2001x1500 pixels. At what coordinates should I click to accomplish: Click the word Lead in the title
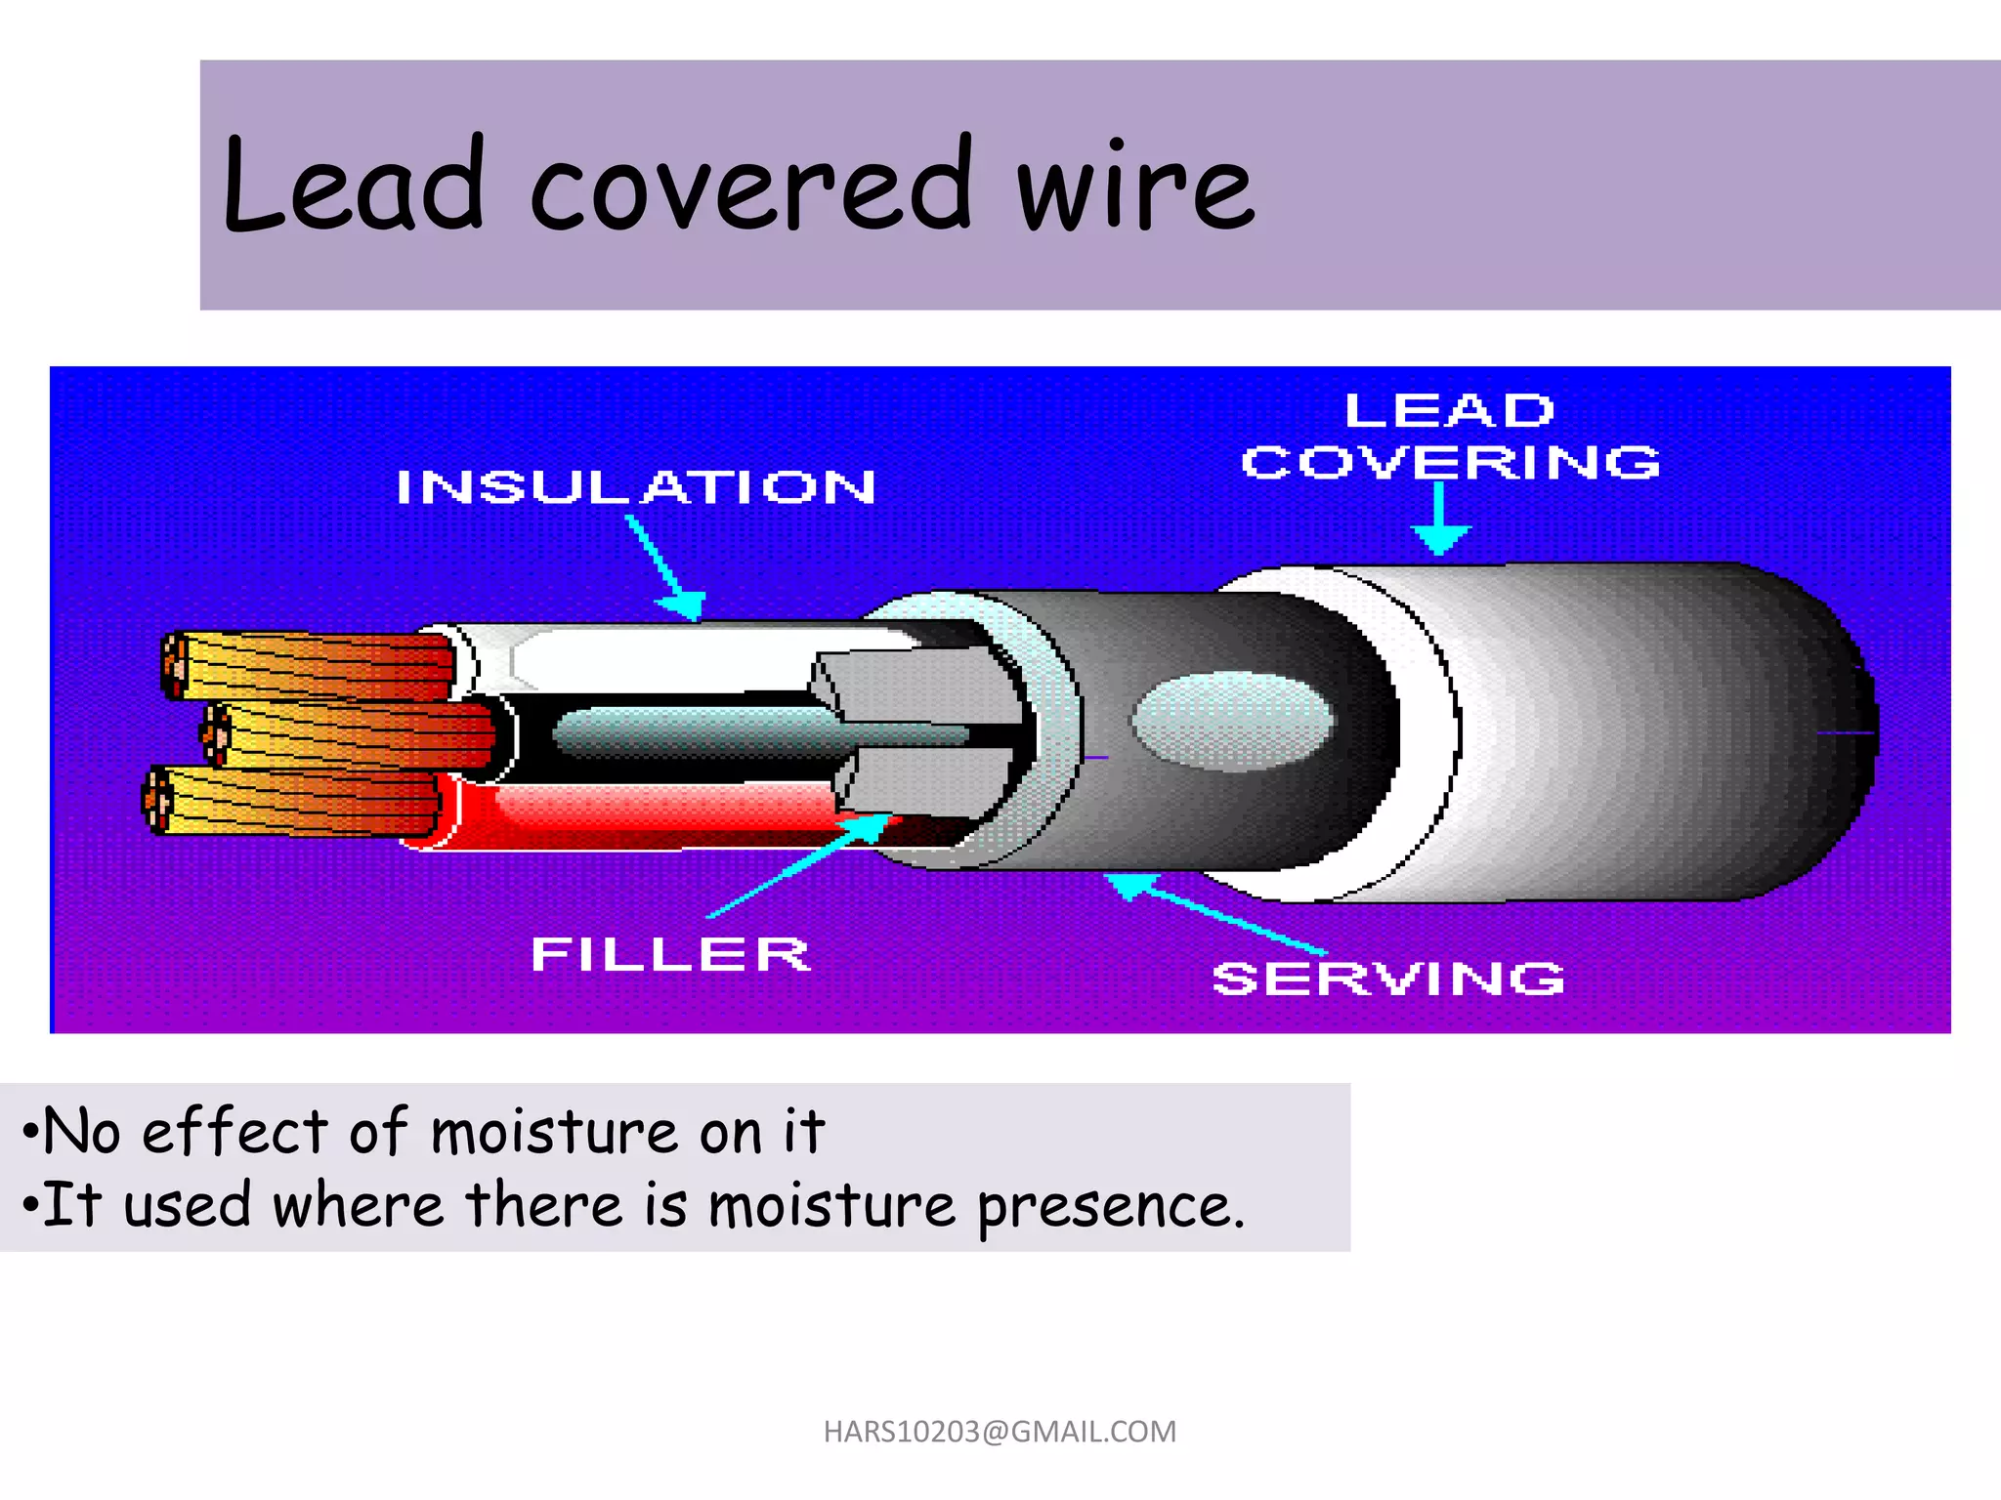[x=354, y=186]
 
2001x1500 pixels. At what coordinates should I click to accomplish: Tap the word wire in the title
[x=1135, y=187]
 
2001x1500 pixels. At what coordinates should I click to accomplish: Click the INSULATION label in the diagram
[x=636, y=487]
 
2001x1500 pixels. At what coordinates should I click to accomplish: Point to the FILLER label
[x=670, y=954]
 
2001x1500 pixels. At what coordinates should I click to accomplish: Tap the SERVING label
[x=1387, y=979]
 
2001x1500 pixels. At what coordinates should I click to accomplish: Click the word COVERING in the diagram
[x=1450, y=462]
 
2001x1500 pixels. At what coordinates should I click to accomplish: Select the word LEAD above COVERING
[x=1449, y=410]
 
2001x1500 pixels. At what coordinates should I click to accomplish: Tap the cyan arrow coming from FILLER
[x=801, y=864]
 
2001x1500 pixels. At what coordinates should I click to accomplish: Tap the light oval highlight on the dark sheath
[x=1233, y=721]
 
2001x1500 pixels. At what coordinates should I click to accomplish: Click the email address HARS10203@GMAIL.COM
[x=1000, y=1432]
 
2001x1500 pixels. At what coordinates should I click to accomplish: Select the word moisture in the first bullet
[x=555, y=1133]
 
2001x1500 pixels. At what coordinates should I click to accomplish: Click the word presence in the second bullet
[x=1111, y=1207]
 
